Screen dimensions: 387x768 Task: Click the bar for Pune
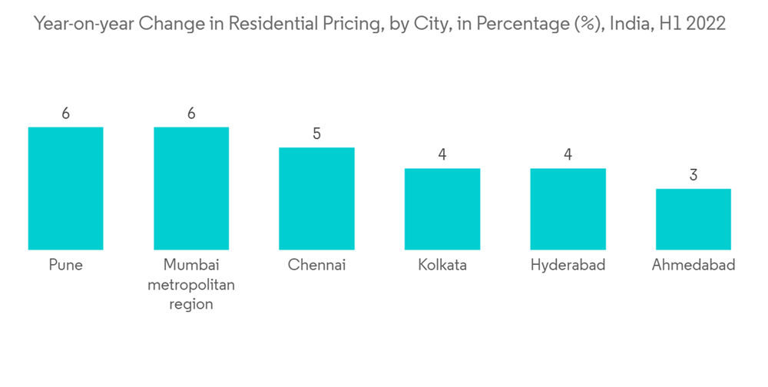[66, 188]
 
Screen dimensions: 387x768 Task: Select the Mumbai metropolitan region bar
[191, 188]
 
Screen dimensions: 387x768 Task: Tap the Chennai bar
[316, 198]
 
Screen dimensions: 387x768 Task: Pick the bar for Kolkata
[442, 209]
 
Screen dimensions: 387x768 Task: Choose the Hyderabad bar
[568, 209]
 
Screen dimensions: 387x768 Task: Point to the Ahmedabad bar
[693, 219]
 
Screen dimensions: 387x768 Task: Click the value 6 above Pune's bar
[66, 114]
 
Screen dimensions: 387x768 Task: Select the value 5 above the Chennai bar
[316, 134]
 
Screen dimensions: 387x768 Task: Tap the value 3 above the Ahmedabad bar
[693, 175]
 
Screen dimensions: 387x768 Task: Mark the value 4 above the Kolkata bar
[442, 155]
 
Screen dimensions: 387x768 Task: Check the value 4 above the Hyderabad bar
[568, 155]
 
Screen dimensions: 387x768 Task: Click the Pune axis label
[66, 266]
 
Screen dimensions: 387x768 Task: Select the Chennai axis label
[316, 266]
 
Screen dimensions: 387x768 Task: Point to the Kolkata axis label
[442, 266]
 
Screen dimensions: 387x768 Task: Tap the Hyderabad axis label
[568, 266]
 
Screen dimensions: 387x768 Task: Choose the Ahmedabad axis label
[693, 266]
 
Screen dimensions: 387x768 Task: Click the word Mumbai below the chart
[191, 266]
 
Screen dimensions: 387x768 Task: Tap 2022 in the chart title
[706, 24]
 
